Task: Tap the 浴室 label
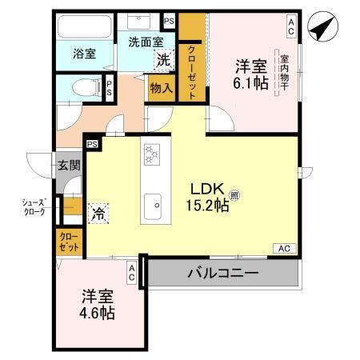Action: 86,54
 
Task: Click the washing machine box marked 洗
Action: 162,59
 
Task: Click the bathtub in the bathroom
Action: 85,27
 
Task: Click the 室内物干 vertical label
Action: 285,73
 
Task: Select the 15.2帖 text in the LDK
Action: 210,206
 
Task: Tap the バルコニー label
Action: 223,274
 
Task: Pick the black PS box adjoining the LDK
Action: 93,144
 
